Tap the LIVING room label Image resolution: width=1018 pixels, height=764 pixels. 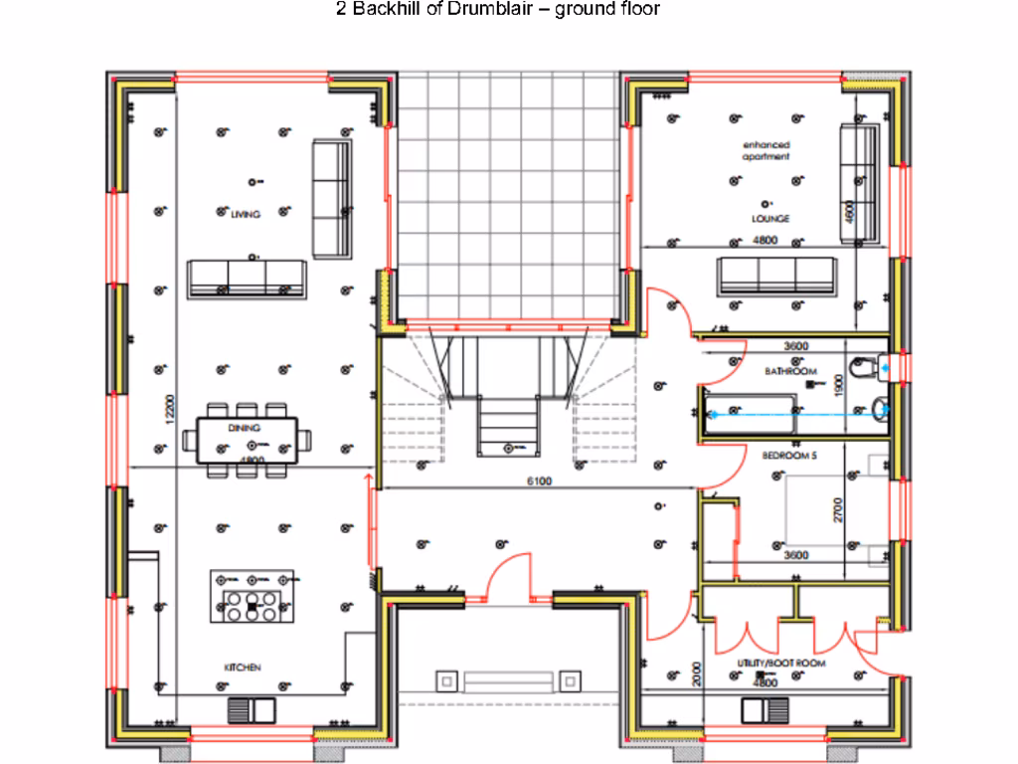tap(240, 214)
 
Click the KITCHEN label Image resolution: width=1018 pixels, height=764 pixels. tap(242, 668)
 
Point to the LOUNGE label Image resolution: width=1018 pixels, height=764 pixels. tap(769, 218)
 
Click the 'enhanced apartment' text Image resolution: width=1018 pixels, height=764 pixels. tap(765, 151)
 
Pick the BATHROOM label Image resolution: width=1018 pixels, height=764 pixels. tap(790, 371)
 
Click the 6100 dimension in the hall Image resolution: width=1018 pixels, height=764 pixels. tap(539, 481)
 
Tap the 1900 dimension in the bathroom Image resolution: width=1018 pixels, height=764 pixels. tap(838, 385)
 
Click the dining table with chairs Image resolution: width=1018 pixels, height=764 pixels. tap(254, 439)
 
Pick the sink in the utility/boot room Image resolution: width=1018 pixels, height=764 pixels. tap(764, 710)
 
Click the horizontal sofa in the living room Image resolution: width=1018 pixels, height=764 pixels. tap(247, 278)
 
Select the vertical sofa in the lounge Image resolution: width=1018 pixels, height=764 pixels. tap(860, 183)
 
